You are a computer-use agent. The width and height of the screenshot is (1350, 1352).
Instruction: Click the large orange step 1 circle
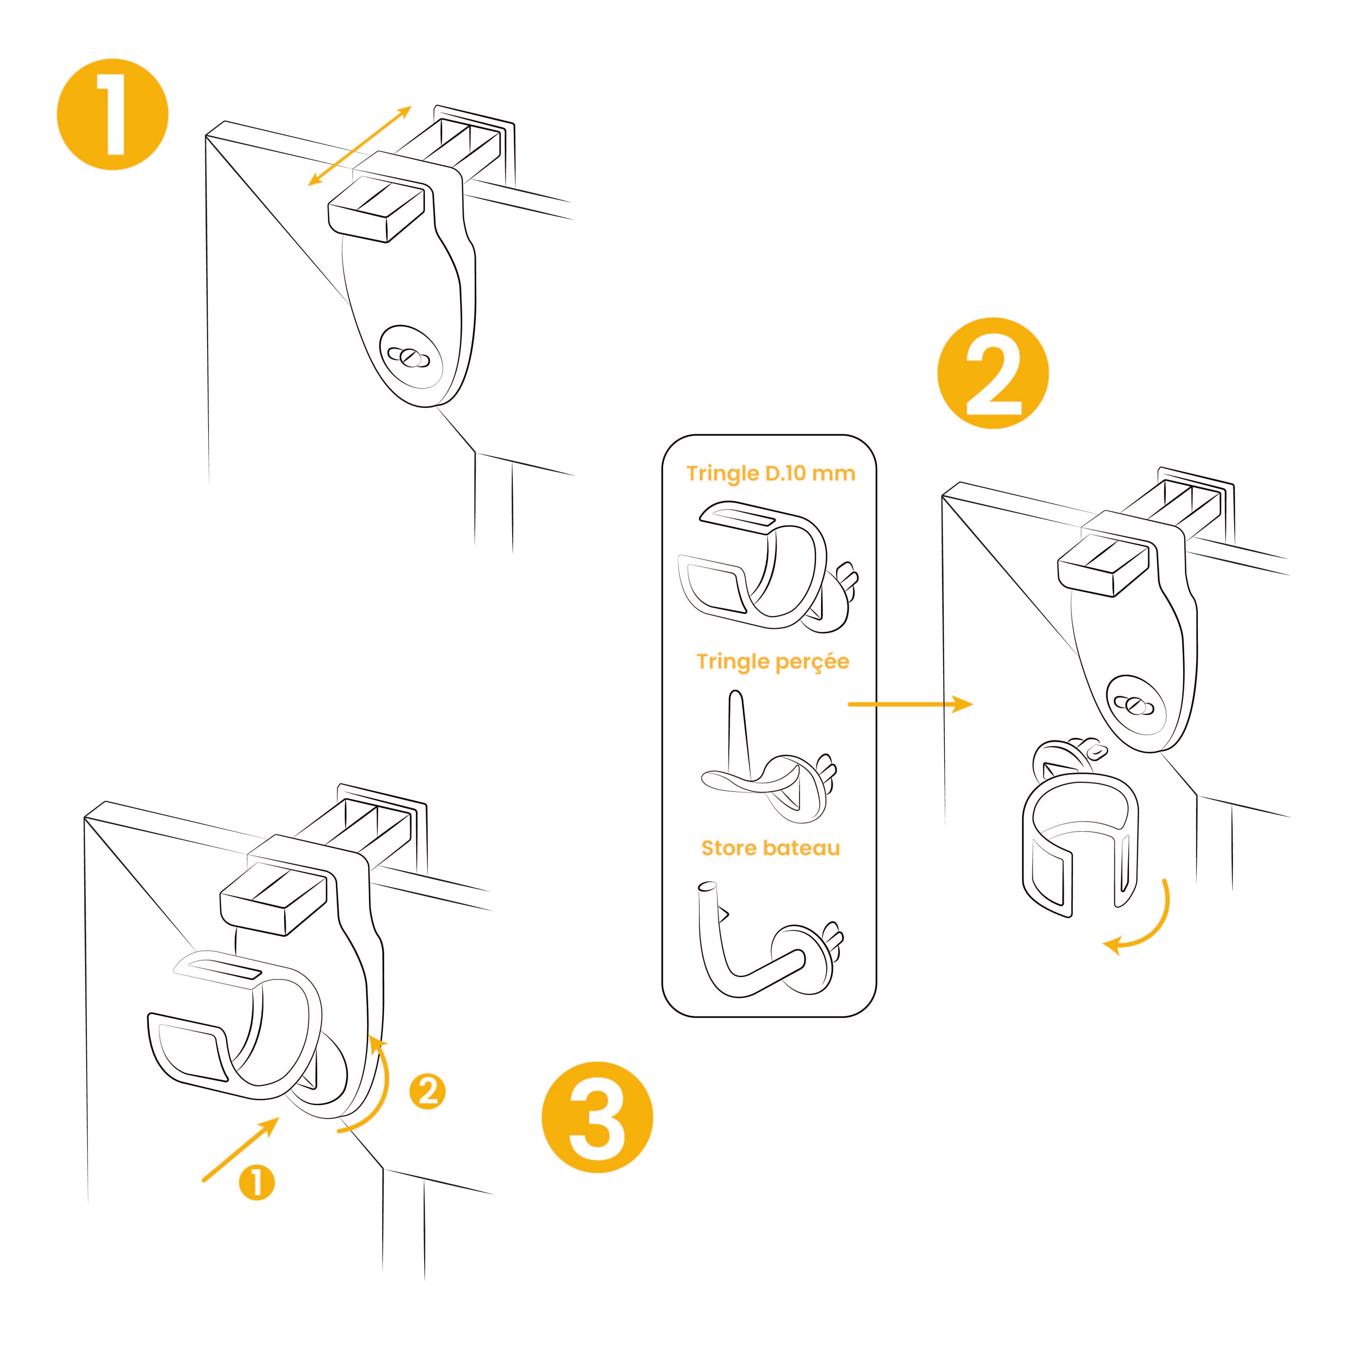113,114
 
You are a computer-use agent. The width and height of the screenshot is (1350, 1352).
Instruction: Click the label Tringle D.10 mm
770,474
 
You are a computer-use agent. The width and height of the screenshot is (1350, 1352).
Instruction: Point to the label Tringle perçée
773,662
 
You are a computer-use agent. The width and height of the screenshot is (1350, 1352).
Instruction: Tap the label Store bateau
770,848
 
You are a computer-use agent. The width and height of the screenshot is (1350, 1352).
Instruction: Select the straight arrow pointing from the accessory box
910,704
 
